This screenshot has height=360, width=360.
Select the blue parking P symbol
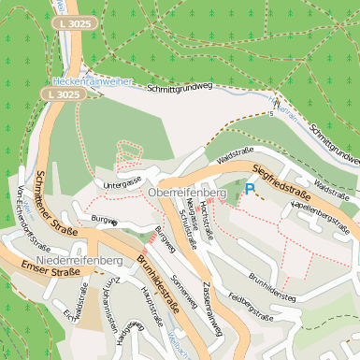249,189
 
